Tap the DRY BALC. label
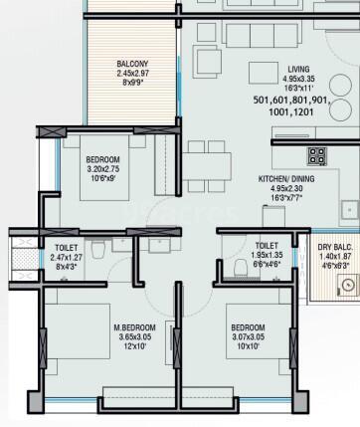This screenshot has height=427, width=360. [331, 246]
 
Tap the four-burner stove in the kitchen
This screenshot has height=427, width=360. [317, 155]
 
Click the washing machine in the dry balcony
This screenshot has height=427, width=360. [347, 287]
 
